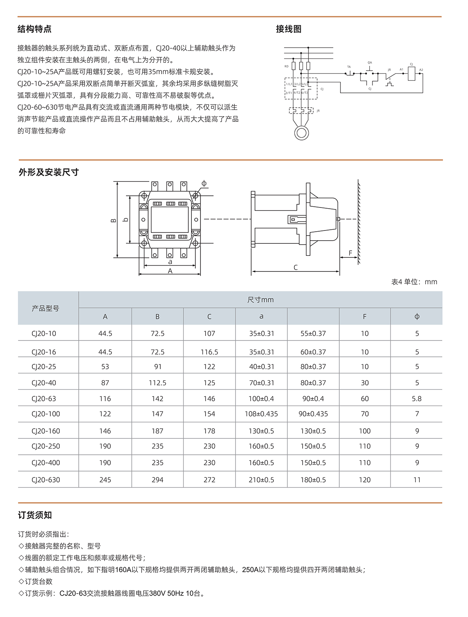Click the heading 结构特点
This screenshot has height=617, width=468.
click(x=34, y=29)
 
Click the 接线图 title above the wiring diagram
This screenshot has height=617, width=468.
click(x=289, y=29)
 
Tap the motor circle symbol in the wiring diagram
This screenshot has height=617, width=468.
click(x=301, y=133)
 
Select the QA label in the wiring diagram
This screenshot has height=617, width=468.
click(x=370, y=63)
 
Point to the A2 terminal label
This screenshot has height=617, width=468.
click(x=421, y=70)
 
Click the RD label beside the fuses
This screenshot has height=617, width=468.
click(x=286, y=66)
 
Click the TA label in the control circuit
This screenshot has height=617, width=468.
click(x=349, y=67)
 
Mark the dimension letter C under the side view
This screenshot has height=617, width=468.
click(x=296, y=268)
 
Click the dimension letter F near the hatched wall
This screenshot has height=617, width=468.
click(x=350, y=253)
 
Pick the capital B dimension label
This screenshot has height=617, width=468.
click(x=113, y=220)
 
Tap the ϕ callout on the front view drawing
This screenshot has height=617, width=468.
click(x=204, y=183)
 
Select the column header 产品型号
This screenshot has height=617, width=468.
click(x=46, y=308)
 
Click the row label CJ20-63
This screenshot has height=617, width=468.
click(x=44, y=399)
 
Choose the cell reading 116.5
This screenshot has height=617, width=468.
click(x=209, y=352)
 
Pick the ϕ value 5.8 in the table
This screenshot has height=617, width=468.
click(x=417, y=399)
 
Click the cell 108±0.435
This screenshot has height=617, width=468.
click(x=261, y=414)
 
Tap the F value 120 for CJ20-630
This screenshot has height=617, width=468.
click(x=365, y=480)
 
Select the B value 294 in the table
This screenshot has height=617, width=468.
click(x=158, y=480)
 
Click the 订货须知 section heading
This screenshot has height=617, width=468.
click(x=35, y=515)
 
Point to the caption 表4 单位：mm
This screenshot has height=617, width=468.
click(x=414, y=282)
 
